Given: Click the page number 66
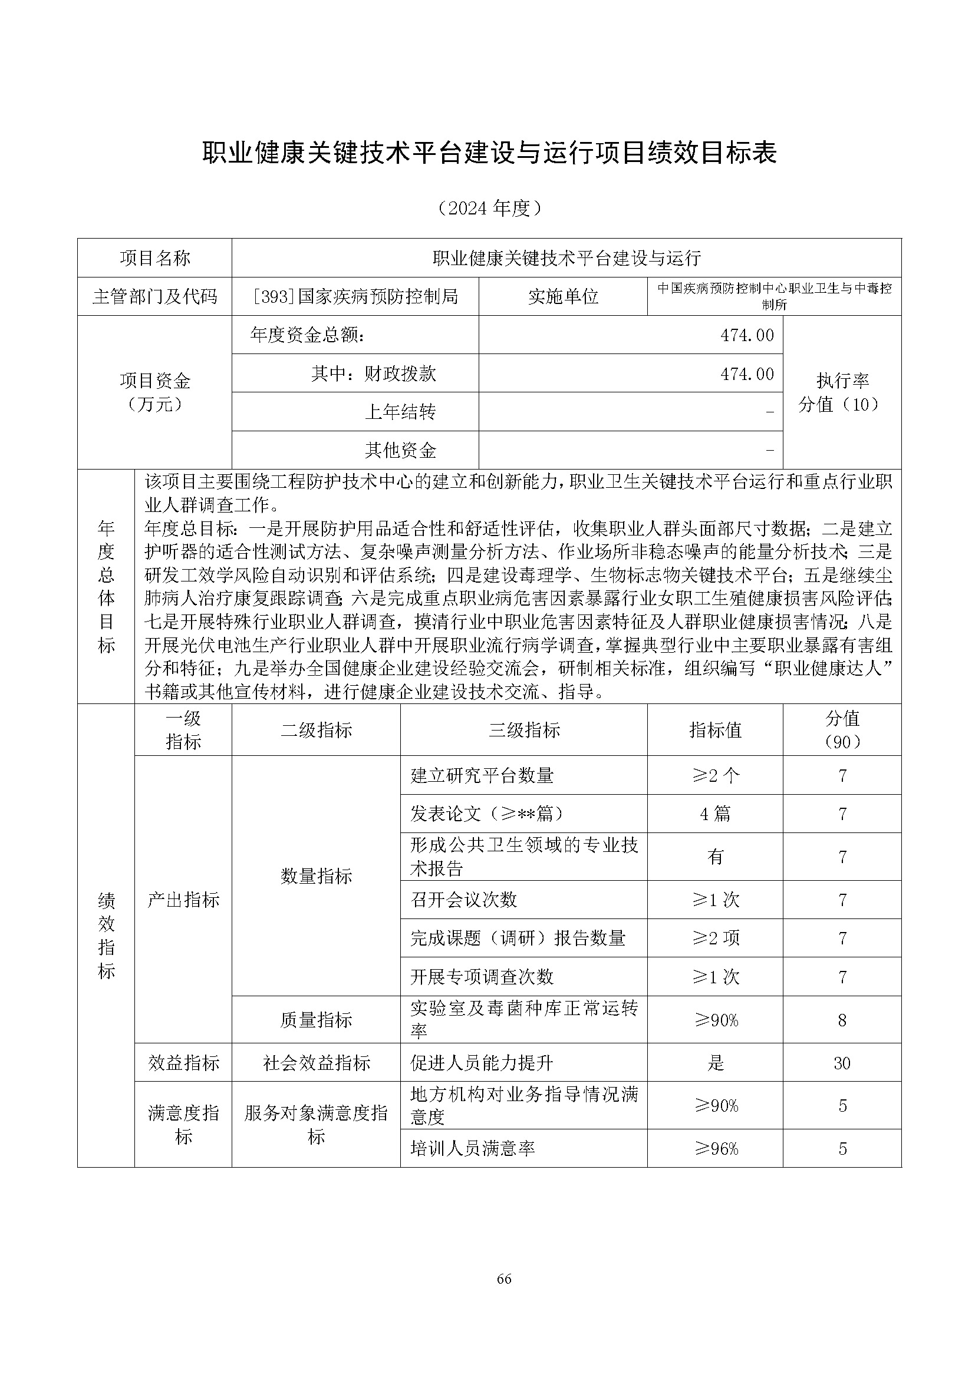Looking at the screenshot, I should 503,1296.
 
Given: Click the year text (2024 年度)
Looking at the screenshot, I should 489,207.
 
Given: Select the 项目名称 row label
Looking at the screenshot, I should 154,258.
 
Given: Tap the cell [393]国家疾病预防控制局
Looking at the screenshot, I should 355,296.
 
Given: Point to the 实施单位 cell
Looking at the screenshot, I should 562,296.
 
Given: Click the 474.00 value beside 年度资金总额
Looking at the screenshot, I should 747,335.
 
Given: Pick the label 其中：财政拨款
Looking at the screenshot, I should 373,374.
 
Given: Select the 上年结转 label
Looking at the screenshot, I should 400,412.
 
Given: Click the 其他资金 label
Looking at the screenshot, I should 400,450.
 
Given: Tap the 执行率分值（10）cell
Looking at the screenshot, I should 842,392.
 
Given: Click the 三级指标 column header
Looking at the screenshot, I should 523,730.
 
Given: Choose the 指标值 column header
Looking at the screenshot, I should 715,730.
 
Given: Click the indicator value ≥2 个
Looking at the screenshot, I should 715,775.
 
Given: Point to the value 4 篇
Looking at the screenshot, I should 715,814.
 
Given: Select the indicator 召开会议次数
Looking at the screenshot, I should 463,900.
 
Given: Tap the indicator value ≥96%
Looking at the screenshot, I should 716,1149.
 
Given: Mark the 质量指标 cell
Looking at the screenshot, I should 316,1020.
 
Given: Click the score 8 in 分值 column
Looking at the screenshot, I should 842,1020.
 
